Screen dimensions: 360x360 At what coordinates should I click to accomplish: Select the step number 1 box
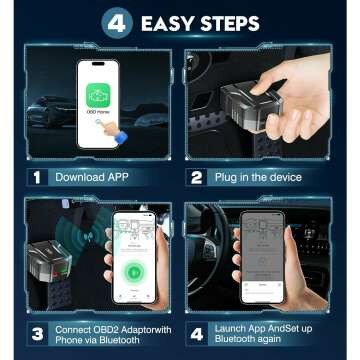click(37, 177)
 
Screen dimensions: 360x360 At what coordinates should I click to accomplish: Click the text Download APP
click(96, 177)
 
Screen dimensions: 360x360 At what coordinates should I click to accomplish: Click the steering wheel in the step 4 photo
click(215, 240)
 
